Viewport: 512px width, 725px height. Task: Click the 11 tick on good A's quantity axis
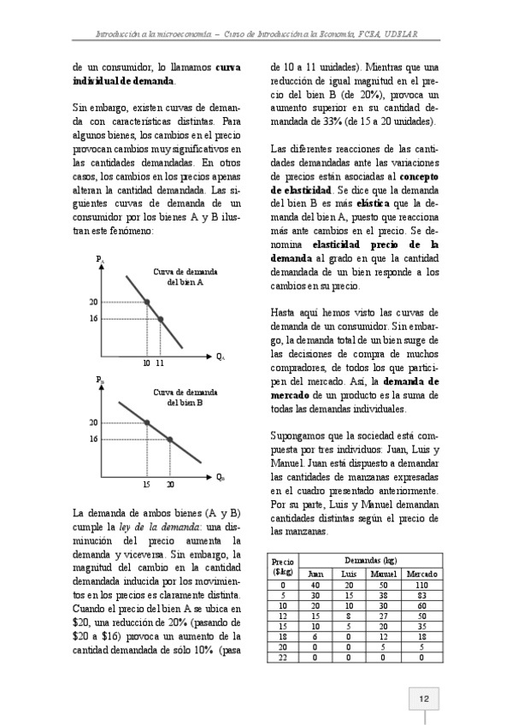160,362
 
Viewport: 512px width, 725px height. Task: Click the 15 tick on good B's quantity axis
147,484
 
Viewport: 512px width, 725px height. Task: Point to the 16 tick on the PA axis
93,319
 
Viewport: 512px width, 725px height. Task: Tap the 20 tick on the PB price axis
93,422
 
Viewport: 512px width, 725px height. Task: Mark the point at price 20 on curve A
147,302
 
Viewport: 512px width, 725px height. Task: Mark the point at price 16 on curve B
169,439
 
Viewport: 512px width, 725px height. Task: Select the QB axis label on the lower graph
220,476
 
